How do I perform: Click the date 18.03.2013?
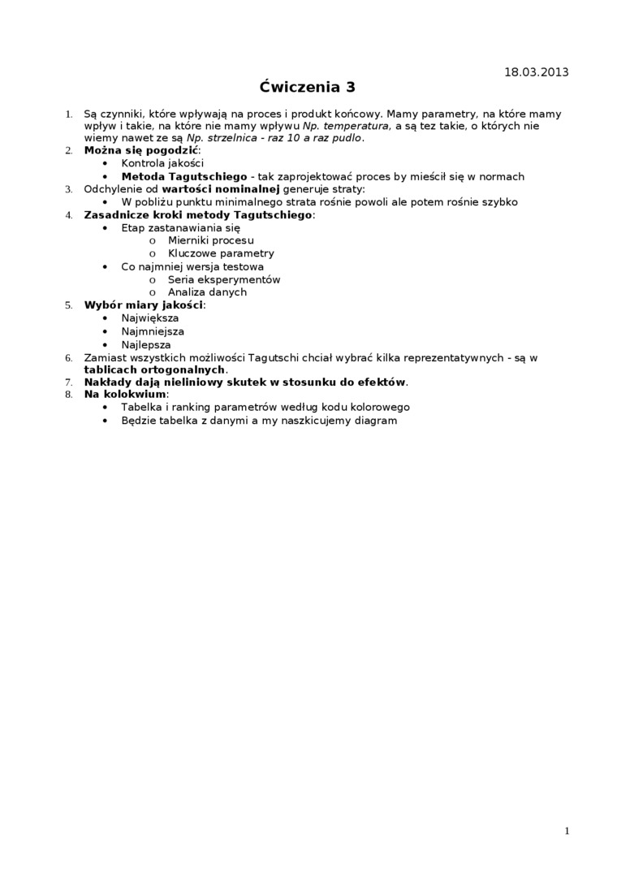(x=536, y=72)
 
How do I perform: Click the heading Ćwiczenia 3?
(x=308, y=87)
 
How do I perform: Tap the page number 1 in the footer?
(x=567, y=831)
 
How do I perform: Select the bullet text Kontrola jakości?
(x=162, y=163)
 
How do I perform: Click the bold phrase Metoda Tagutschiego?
(x=184, y=176)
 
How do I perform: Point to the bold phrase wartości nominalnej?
(x=227, y=189)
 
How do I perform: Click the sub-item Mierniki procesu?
(x=210, y=240)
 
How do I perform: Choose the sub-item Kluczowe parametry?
(x=221, y=253)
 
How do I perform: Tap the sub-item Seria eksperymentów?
(x=224, y=279)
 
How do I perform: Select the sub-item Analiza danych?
(x=207, y=292)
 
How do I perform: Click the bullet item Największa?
(x=150, y=318)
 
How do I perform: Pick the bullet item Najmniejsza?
(x=153, y=331)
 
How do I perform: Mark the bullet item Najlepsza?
(x=146, y=344)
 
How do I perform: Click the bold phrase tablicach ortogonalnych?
(x=154, y=370)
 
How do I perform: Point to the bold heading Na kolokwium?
(x=125, y=395)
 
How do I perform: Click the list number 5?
(x=68, y=305)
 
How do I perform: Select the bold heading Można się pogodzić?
(x=141, y=150)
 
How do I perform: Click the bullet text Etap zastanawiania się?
(x=181, y=228)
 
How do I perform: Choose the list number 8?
(x=68, y=395)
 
